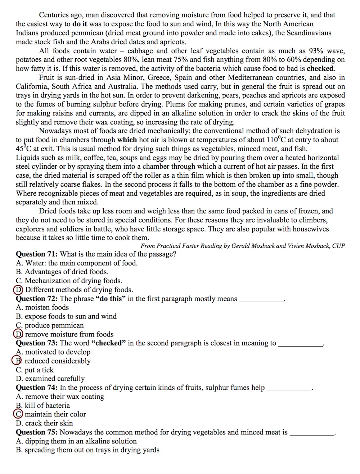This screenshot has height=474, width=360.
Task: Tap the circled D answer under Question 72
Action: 18,334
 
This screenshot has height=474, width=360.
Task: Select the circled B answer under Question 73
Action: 17,361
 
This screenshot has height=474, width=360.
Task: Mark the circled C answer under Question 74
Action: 18,414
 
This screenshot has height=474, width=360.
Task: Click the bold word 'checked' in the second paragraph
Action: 320,68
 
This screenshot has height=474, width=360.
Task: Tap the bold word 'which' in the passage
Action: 127,140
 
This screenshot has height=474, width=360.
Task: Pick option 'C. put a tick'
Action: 35,370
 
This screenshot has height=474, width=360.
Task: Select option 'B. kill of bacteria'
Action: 43,405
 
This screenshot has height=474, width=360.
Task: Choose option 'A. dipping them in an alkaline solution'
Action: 76,441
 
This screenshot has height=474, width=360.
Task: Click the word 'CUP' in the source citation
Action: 338,246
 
